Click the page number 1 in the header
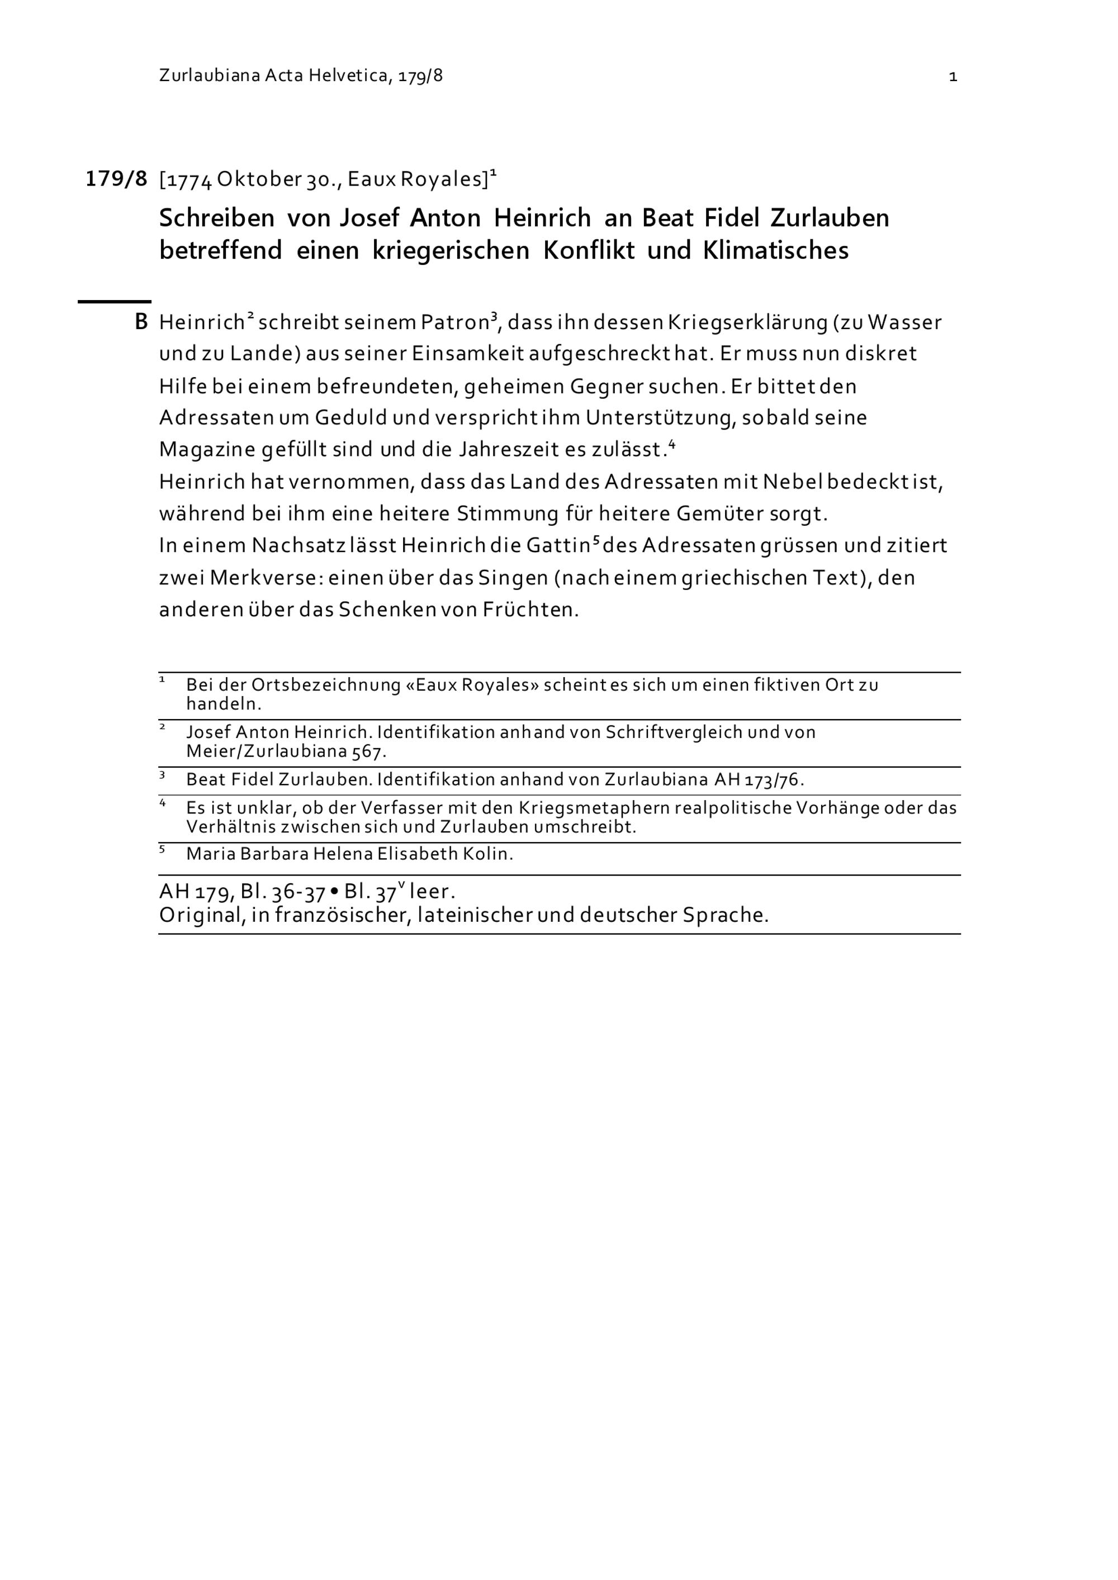[953, 77]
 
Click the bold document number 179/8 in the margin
[116, 179]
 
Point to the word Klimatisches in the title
[775, 250]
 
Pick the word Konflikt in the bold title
[589, 250]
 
